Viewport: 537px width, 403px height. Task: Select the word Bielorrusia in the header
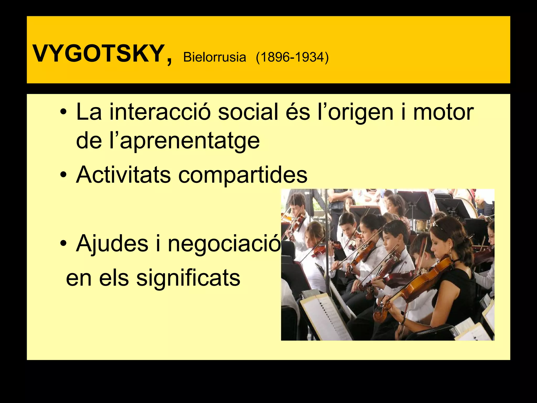coord(214,57)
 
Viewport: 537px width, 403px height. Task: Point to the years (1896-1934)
coord(292,57)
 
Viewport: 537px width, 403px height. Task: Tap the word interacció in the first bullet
coord(160,112)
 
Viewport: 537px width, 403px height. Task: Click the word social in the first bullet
coord(248,112)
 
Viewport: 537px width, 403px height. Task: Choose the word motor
coord(443,112)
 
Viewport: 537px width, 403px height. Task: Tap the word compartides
coord(243,175)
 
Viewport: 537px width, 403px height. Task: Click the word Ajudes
coord(112,243)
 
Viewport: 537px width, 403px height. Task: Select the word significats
coord(188,278)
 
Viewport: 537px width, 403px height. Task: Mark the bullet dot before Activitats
coord(63,175)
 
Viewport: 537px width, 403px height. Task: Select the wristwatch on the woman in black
coord(403,321)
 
